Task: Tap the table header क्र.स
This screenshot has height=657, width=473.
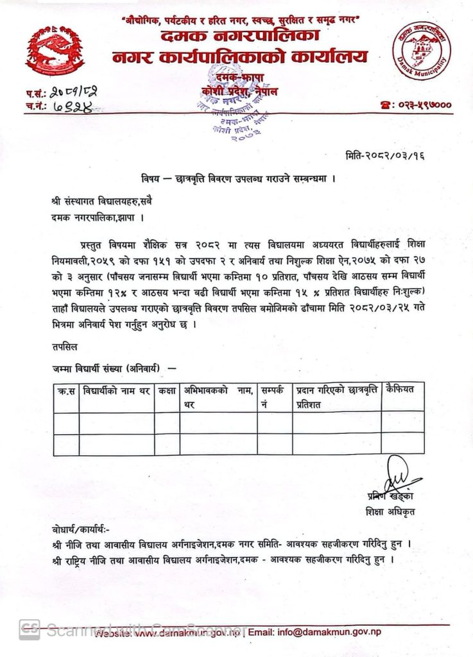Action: coord(66,389)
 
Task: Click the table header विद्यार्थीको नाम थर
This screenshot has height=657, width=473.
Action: coord(116,389)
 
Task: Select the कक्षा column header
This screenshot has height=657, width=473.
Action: coord(167,389)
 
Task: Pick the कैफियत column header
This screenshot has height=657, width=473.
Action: coord(402,389)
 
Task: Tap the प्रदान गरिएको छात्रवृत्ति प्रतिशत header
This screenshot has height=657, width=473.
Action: coord(336,397)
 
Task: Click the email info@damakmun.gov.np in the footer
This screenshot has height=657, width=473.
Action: coord(329,631)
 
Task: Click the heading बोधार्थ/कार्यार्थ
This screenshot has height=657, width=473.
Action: coord(82,531)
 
